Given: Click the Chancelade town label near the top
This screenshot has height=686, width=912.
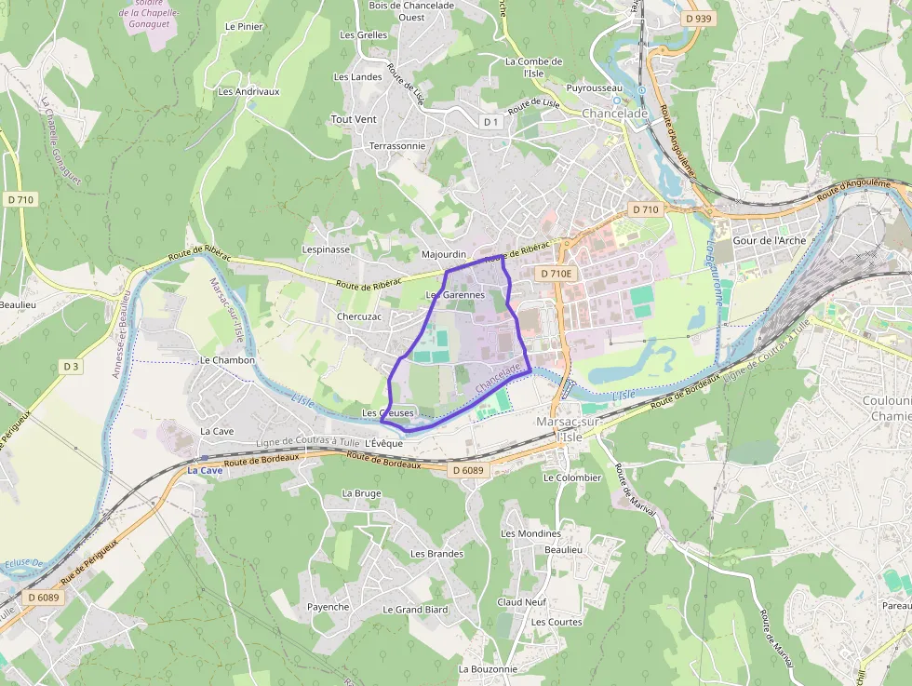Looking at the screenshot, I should tap(614, 114).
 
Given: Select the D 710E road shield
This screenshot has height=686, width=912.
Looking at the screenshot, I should tap(557, 274).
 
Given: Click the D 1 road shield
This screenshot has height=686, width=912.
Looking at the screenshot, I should tap(491, 122).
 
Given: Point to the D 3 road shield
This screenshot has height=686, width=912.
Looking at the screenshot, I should tap(71, 366).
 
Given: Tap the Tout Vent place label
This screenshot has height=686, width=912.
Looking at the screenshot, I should tap(354, 119).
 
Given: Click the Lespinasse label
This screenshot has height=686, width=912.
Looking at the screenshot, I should tap(326, 249).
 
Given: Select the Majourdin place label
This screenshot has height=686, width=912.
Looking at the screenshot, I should tap(444, 254).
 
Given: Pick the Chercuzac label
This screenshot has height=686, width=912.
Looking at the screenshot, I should tap(359, 316).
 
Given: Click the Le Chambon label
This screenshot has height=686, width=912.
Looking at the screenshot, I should tap(227, 360).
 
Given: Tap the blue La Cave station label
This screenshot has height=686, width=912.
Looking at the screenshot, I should tap(205, 471).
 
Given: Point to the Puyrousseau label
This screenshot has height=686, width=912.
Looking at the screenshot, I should tap(594, 87).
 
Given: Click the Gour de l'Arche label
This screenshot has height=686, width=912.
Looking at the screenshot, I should tap(770, 240).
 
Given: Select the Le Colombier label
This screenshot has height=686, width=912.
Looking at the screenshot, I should tap(572, 478).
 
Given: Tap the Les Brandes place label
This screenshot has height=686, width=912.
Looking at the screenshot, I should tap(436, 554).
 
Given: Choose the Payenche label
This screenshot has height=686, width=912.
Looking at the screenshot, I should tap(329, 607).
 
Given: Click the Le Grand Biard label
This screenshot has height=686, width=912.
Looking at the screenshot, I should tap(415, 610).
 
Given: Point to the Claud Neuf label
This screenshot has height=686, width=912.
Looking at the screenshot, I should tap(521, 602).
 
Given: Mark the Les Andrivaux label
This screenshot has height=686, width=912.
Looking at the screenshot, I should tap(248, 91).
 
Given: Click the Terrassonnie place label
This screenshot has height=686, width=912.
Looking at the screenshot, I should tap(397, 146).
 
